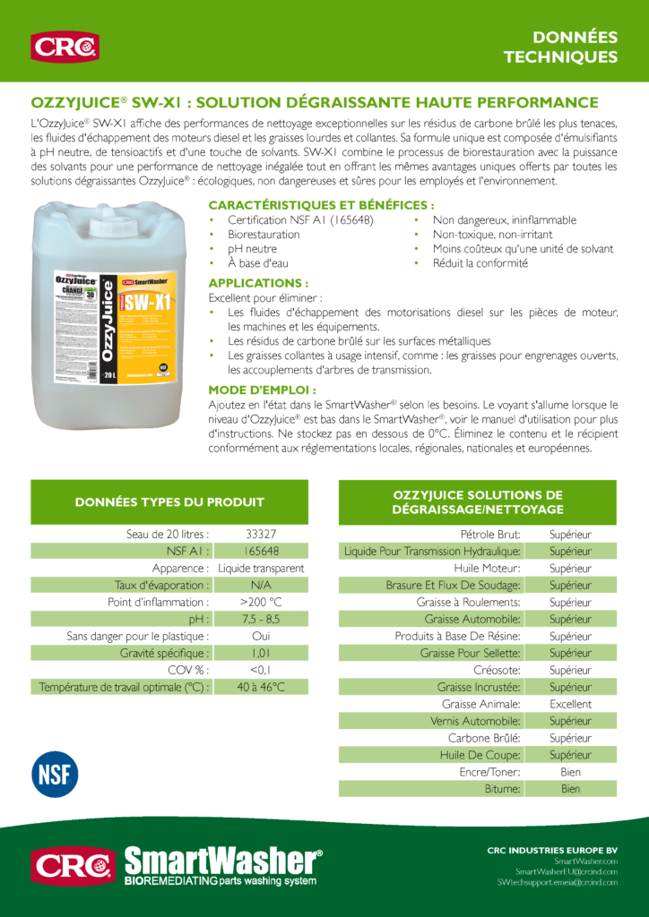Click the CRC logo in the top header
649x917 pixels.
point(65,47)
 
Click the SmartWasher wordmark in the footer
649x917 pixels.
point(223,861)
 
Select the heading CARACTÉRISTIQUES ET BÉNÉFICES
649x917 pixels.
point(322,205)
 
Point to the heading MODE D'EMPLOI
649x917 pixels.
point(262,390)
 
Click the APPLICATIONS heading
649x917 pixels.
point(258,283)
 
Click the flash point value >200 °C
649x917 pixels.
point(261,603)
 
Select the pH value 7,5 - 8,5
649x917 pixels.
point(261,620)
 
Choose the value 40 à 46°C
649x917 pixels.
point(261,688)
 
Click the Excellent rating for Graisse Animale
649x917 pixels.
point(570,705)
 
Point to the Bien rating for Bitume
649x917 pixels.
point(570,790)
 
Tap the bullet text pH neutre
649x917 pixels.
point(252,249)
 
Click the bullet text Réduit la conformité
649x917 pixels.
point(480,263)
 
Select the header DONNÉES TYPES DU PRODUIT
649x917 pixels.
point(169,502)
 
